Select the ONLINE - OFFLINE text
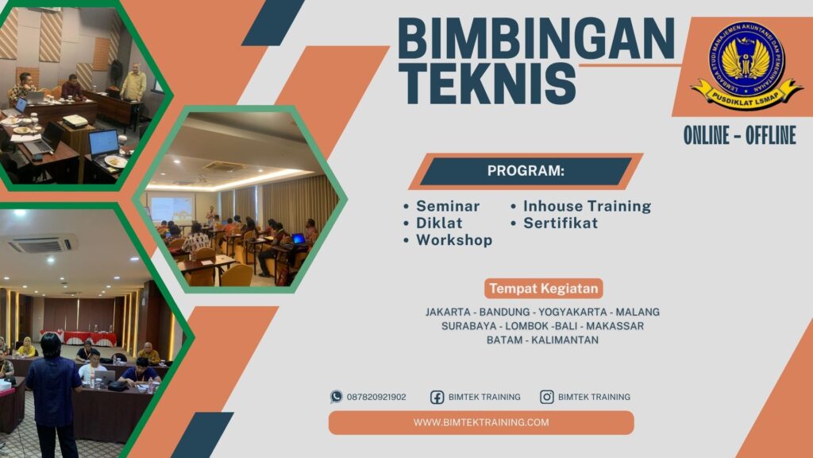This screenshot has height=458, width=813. [739, 136]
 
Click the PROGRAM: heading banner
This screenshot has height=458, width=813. [526, 171]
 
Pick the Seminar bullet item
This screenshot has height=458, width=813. [448, 206]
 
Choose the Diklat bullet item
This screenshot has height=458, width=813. [439, 223]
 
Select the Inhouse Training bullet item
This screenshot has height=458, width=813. [587, 206]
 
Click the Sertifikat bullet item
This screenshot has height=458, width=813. [561, 223]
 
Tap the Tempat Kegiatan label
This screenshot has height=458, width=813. [544, 288]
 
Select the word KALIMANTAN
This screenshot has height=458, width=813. [564, 340]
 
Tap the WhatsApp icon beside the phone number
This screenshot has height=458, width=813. [337, 397]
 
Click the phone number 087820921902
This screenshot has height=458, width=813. [376, 397]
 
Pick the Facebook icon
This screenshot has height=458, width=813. [437, 397]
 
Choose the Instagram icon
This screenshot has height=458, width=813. [547, 397]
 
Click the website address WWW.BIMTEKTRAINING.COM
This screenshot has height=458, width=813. [481, 422]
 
